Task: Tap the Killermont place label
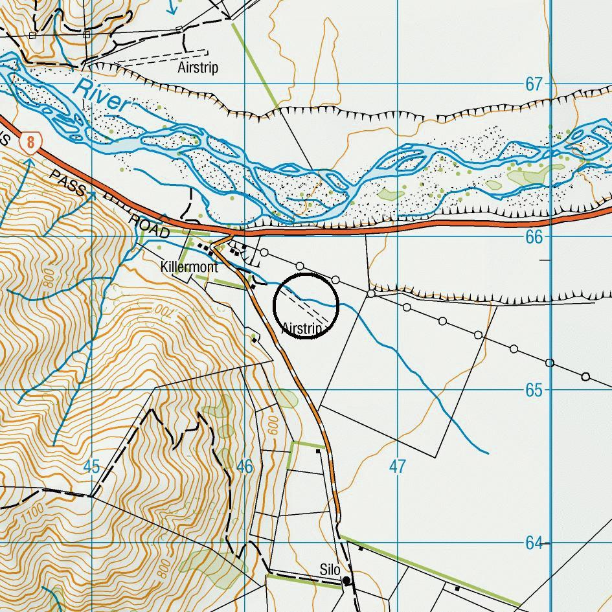(x=189, y=267)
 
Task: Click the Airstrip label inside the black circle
(x=302, y=328)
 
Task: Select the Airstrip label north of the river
(x=198, y=67)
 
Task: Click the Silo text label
(x=330, y=569)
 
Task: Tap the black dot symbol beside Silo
(x=346, y=580)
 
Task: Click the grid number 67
(x=534, y=85)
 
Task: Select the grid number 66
(x=534, y=238)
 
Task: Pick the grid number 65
(x=534, y=391)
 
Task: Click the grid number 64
(x=534, y=543)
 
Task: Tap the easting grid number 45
(x=91, y=466)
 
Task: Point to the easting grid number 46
(x=244, y=466)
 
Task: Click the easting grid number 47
(x=397, y=466)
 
